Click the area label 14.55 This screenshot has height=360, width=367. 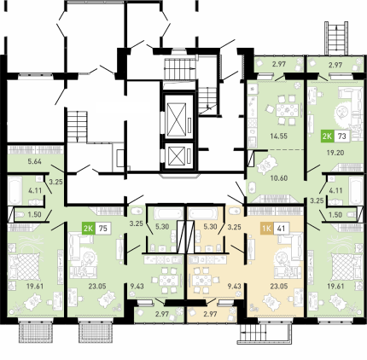tap(279, 136)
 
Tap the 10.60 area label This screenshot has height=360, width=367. tap(279, 178)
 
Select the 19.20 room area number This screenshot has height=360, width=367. tap(335, 153)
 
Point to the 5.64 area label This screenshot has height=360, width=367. tap(35, 161)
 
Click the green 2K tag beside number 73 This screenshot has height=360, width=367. tap(327, 136)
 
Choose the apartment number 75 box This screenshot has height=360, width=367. tap(103, 229)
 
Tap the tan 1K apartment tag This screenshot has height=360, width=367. tap(267, 228)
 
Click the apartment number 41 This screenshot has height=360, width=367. tap(281, 228)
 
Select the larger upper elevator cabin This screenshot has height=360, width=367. tap(177, 119)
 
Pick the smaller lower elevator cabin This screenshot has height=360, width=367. tap(177, 156)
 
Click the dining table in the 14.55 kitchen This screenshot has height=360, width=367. tap(287, 110)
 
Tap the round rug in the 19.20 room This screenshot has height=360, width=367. tap(343, 113)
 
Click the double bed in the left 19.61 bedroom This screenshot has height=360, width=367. tap(26, 266)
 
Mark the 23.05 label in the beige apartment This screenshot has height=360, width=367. tap(279, 287)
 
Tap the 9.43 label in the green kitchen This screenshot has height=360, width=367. tap(137, 287)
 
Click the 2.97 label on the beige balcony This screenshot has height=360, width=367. tap(210, 314)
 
